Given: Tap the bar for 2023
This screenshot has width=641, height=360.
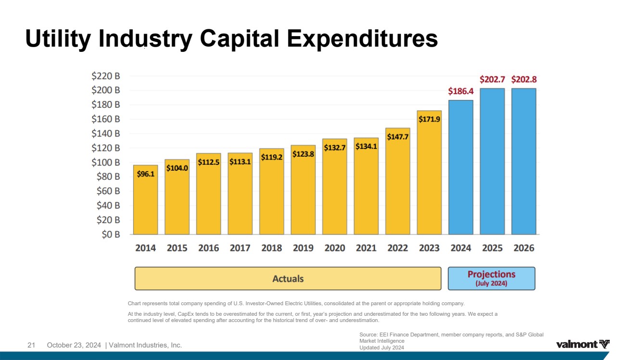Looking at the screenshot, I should point(429,173).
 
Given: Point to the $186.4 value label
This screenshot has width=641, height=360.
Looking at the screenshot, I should point(460,91).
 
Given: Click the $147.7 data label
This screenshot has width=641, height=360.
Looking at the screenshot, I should point(397,137).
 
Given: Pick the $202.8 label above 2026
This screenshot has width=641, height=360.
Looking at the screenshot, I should point(524,79).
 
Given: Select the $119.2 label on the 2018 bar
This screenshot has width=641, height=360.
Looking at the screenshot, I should point(271,157).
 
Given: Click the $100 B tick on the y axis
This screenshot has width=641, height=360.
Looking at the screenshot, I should point(106,162).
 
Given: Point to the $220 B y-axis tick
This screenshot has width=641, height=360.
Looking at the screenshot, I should point(106,76).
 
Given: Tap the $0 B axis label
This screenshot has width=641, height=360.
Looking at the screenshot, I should point(111,235).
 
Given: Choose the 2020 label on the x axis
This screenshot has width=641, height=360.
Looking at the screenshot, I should point(335,248).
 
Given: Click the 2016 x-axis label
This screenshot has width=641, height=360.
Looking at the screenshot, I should point(208,248).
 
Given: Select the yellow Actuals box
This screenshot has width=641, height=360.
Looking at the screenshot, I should point(288,278).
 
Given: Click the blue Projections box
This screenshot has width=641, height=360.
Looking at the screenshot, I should point(491,278).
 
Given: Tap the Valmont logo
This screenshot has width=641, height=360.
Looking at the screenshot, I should point(583,344).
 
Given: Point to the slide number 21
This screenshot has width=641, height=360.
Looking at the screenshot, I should point(32,345).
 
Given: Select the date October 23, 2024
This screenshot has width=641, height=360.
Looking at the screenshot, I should point(74,345).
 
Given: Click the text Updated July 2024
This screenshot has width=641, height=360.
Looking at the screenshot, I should point(382,348).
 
